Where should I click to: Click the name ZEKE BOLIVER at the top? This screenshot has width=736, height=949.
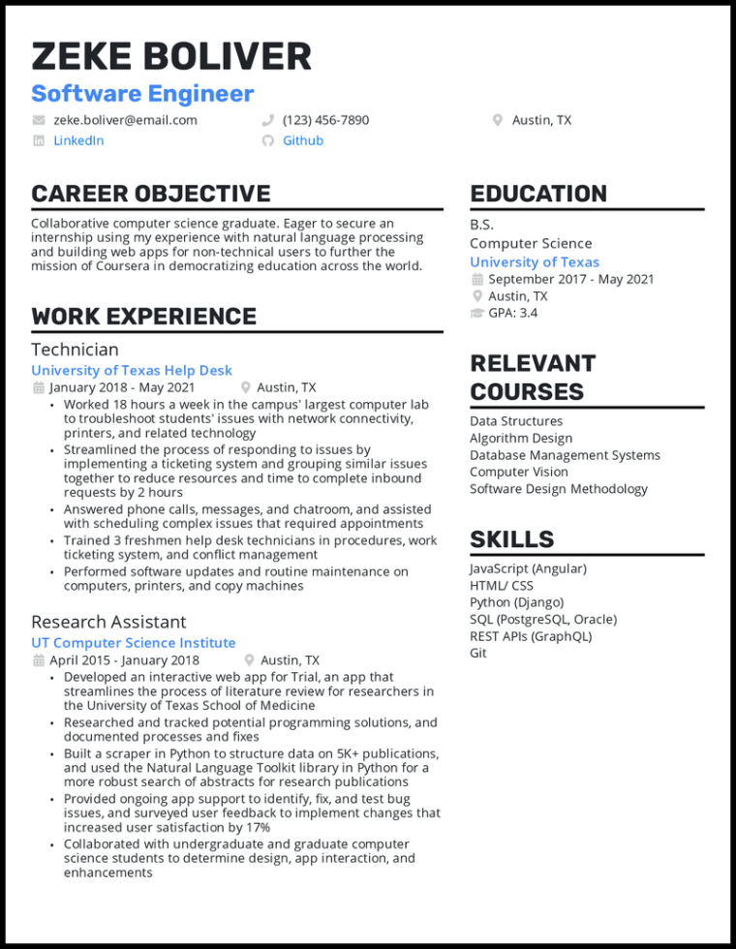(171, 57)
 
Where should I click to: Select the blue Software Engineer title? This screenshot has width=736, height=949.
(142, 94)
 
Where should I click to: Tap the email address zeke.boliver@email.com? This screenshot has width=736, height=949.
(125, 120)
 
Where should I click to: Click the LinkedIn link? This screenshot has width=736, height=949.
(78, 140)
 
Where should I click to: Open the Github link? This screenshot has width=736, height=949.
(303, 140)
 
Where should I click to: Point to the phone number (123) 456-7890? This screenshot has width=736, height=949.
(325, 120)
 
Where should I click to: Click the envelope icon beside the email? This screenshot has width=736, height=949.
(39, 120)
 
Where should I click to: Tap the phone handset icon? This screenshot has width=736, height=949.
(267, 120)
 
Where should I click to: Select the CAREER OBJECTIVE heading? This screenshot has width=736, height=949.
(151, 194)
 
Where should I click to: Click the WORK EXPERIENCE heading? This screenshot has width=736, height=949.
(143, 317)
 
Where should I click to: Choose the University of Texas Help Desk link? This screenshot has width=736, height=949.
(132, 370)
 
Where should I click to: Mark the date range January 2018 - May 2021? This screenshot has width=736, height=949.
(122, 387)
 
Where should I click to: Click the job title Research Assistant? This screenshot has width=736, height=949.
(108, 622)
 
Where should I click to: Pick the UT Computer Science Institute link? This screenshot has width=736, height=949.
(134, 643)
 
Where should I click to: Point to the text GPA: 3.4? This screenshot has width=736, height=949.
(512, 313)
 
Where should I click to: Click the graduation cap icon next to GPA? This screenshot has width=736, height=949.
(476, 313)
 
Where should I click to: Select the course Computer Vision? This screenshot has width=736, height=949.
(519, 472)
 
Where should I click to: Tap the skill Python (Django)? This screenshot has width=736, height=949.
(516, 602)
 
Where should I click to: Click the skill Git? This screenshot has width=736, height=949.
(478, 653)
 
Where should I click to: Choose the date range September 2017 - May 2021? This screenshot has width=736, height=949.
(571, 279)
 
